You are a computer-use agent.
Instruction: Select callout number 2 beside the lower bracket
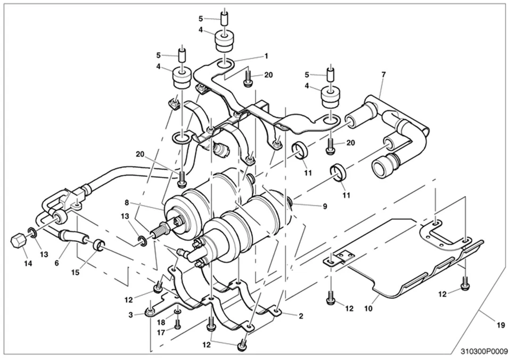click(x=301, y=316)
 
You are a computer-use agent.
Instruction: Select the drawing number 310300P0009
click(x=484, y=351)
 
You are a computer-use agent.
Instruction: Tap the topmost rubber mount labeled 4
click(x=225, y=40)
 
